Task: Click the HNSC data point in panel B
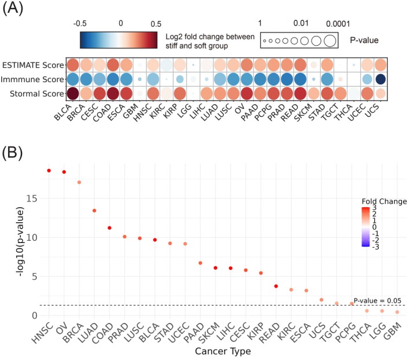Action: coord(49,171)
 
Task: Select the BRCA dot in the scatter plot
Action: coord(79,182)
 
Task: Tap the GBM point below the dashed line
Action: coord(397,312)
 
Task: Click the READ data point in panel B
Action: coord(276,286)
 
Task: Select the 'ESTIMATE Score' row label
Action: coord(32,64)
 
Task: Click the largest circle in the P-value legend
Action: coord(330,41)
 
